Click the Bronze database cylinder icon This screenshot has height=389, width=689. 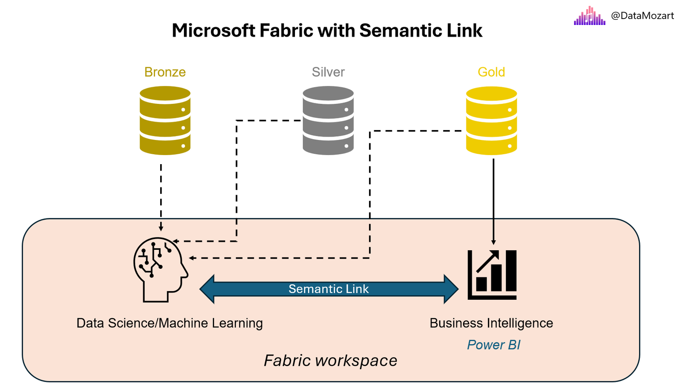point(165,120)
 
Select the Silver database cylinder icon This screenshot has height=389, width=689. point(328,120)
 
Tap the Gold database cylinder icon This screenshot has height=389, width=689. point(491,120)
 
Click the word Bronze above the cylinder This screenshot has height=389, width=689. point(165,72)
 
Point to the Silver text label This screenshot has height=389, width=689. point(328,72)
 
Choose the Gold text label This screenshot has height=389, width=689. point(491,72)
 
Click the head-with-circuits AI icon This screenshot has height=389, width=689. point(160,270)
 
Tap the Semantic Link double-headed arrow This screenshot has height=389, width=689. point(329,289)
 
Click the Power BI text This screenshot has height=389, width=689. point(493,345)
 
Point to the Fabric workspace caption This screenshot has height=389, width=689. point(330,361)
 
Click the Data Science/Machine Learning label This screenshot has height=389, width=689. point(169,323)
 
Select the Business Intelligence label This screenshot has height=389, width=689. point(491,323)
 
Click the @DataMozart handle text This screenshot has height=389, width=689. point(642,16)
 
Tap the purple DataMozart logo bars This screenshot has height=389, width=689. point(590,16)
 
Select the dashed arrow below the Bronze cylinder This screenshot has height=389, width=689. point(161,196)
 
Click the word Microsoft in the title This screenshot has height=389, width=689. point(214,31)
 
